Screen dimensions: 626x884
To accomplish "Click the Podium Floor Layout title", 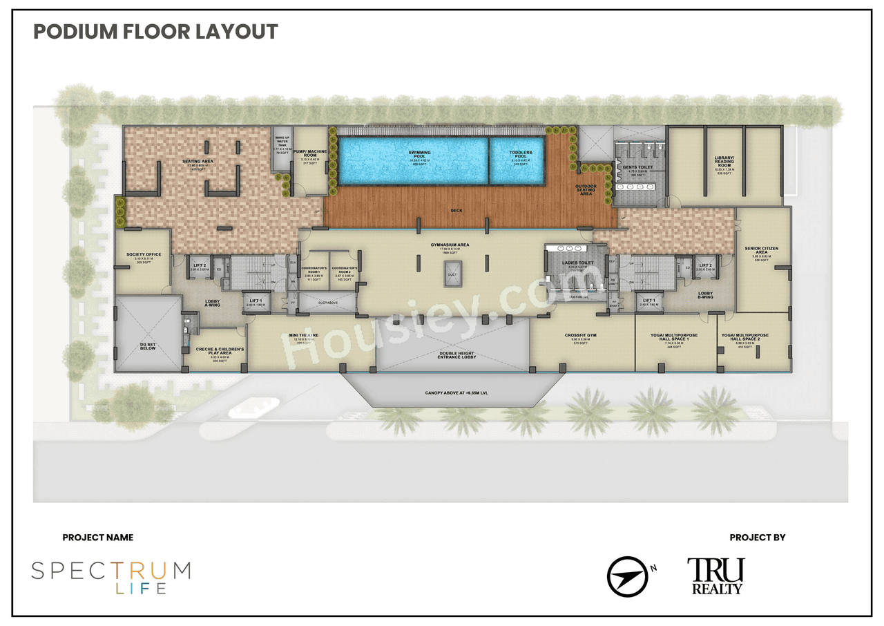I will (x=155, y=32).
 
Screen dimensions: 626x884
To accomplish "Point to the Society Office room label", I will (x=144, y=255).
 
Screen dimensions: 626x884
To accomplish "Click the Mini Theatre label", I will (x=304, y=336).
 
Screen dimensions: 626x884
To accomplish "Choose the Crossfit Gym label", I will (x=579, y=336).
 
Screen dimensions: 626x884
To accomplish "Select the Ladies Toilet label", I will (x=579, y=263).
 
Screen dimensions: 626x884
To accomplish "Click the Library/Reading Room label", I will (x=724, y=161).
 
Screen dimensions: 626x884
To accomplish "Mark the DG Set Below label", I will (x=148, y=345).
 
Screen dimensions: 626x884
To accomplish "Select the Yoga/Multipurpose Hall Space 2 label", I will (x=753, y=337).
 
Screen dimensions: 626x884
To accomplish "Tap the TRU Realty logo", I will (x=715, y=576).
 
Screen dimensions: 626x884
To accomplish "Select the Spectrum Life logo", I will (x=110, y=578).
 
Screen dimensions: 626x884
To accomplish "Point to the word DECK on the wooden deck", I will (x=457, y=210).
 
